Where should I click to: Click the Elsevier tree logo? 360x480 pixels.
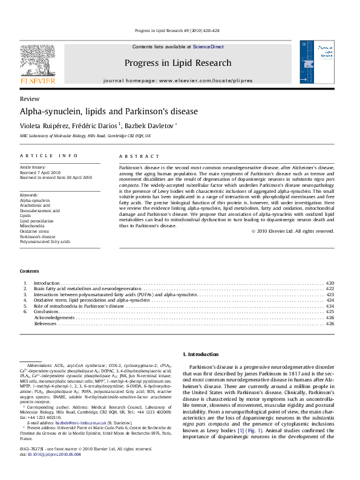38,60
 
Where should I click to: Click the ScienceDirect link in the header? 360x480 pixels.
208,47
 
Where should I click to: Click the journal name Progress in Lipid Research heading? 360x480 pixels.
177,63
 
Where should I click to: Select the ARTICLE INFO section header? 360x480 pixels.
49,156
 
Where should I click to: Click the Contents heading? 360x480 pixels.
30,271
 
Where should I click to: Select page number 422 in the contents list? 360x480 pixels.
330,289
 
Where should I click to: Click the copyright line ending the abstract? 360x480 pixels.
293,231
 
